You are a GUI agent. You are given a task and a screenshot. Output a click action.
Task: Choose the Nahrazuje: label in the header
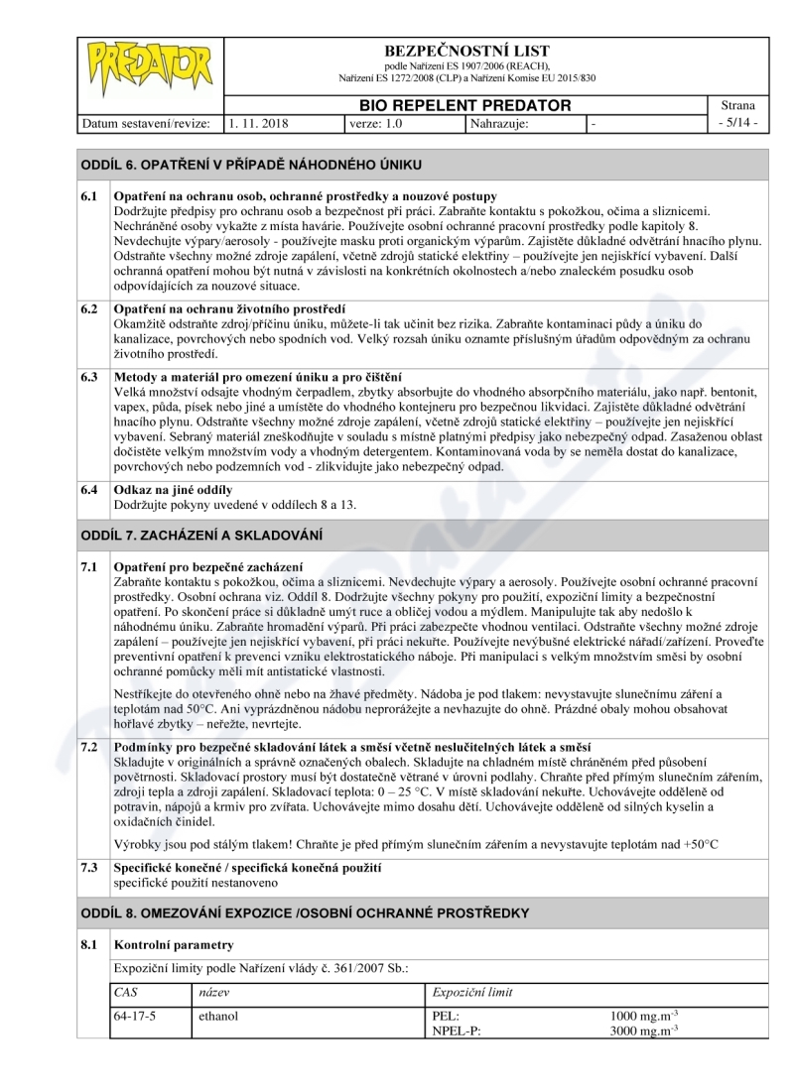point(499,124)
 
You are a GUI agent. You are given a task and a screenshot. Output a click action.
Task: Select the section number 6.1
point(89,196)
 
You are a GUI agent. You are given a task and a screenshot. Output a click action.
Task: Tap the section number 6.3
point(89,377)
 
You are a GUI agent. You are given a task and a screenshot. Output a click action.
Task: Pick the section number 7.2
point(89,746)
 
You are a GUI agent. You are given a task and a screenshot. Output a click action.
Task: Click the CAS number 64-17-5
point(135,1017)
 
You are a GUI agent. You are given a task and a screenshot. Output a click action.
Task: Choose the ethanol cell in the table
point(218,1017)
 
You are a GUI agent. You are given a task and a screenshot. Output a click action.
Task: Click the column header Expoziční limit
point(473,992)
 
